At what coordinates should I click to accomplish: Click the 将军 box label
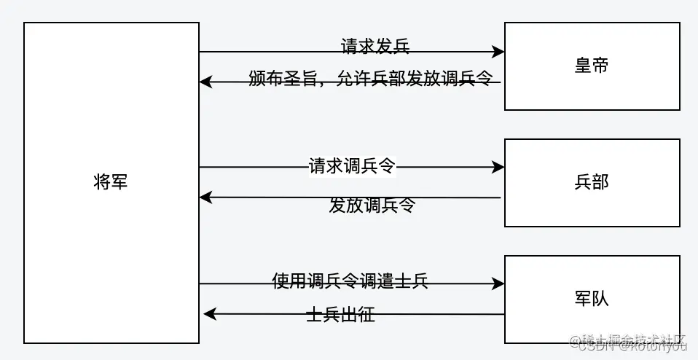pyautogui.click(x=111, y=182)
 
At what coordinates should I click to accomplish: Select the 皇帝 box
pyautogui.click(x=592, y=66)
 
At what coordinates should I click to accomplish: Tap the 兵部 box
pyautogui.click(x=592, y=182)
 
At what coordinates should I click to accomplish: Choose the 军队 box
pyautogui.click(x=592, y=299)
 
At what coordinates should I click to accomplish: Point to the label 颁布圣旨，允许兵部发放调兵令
pyautogui.click(x=370, y=79)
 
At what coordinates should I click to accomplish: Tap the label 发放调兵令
pyautogui.click(x=372, y=206)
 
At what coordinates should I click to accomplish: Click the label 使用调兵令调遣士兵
pyautogui.click(x=350, y=281)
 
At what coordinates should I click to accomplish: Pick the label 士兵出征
pyautogui.click(x=340, y=316)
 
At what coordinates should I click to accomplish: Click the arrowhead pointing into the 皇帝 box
pyautogui.click(x=498, y=52)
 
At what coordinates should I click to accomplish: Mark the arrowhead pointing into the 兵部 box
pyautogui.click(x=498, y=168)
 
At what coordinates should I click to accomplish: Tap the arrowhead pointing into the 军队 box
pyautogui.click(x=498, y=283)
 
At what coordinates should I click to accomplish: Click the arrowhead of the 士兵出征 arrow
pyautogui.click(x=209, y=314)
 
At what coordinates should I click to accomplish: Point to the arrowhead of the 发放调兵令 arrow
pyautogui.click(x=206, y=197)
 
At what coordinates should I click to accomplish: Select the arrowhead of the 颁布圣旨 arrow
pyautogui.click(x=206, y=82)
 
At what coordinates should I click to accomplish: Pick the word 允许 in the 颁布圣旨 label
pyautogui.click(x=352, y=79)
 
